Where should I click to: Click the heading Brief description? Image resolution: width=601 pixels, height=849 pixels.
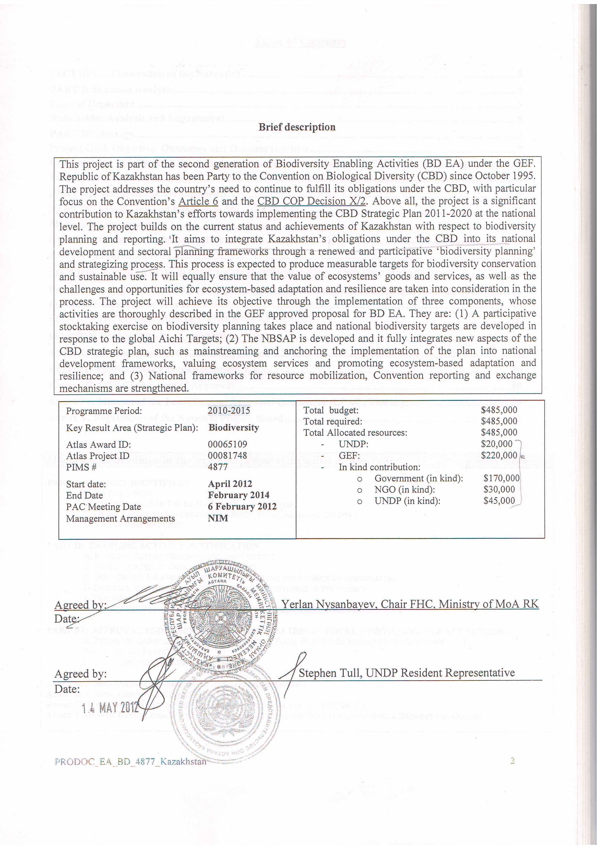(x=297, y=127)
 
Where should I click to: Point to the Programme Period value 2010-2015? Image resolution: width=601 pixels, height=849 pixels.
(x=229, y=410)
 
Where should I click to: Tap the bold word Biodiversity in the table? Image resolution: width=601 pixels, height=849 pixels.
(x=234, y=428)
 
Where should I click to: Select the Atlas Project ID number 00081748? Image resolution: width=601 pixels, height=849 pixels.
(x=227, y=456)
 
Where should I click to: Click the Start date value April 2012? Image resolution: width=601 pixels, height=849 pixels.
(x=230, y=484)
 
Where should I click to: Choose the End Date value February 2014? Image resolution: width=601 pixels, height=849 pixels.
(x=239, y=495)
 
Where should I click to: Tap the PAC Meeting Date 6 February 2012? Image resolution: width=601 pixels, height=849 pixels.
(x=242, y=507)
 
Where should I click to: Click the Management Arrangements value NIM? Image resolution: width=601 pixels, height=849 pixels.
(x=218, y=518)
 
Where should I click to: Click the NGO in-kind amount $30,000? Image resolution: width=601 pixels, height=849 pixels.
(x=499, y=490)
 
